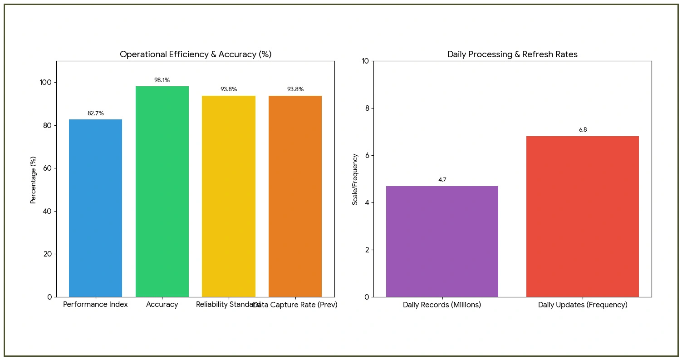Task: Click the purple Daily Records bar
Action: pos(442,241)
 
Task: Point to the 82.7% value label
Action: pos(95,113)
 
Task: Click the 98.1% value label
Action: pos(162,80)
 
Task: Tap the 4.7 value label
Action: pos(442,180)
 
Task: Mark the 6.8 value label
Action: pos(583,130)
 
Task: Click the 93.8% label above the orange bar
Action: pos(295,89)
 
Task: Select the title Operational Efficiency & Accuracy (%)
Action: pos(196,54)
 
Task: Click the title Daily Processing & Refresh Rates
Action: pos(512,54)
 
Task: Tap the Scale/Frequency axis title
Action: pos(355,179)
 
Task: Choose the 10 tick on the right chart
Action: pos(364,61)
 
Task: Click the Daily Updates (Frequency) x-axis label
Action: pos(583,305)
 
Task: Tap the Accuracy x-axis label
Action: pos(162,305)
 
